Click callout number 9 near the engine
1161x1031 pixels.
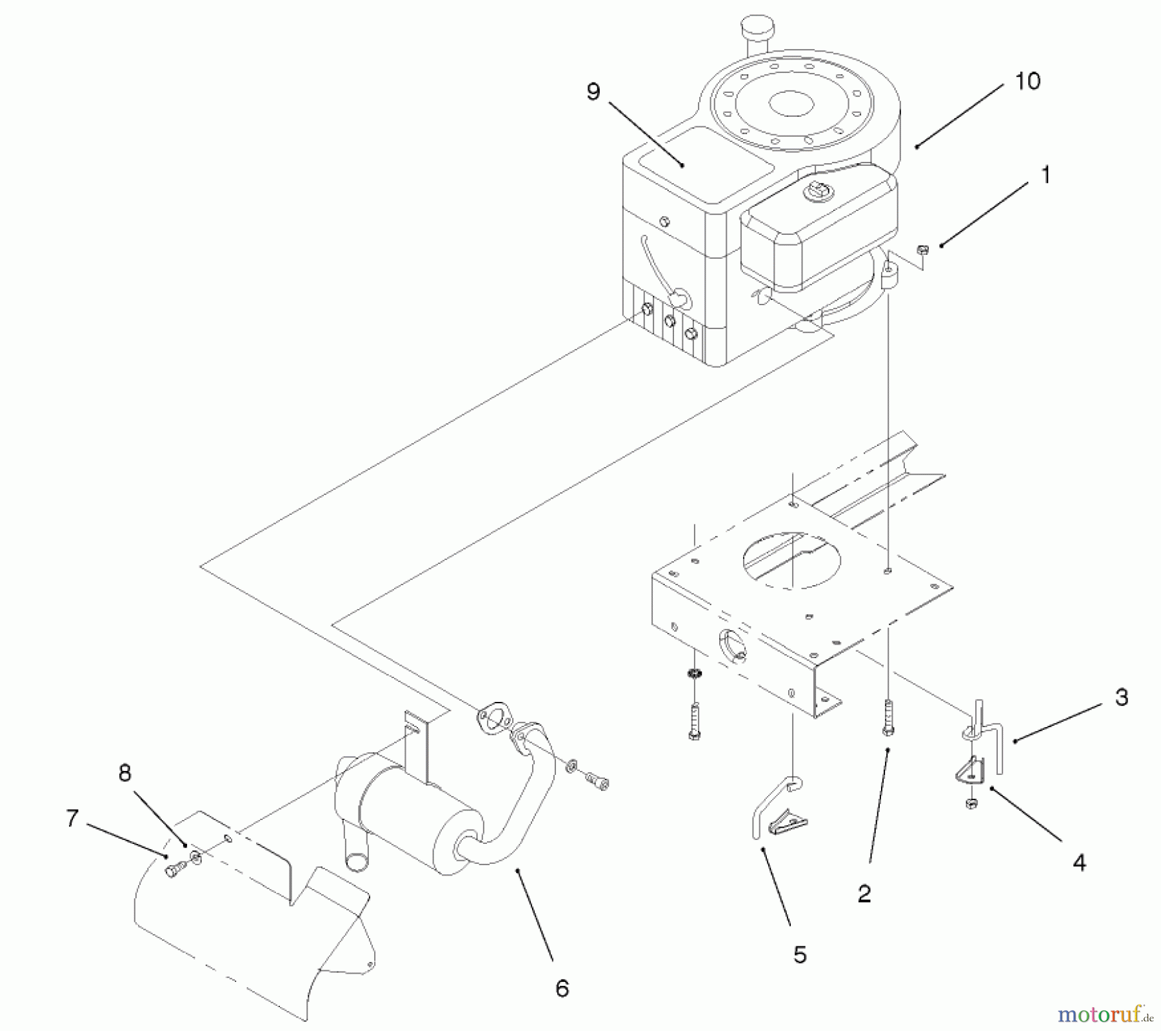(593, 92)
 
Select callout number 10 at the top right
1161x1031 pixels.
(1027, 82)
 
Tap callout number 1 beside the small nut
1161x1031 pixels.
(1046, 175)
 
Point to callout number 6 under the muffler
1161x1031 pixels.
(562, 988)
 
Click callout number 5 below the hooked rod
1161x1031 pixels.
(800, 954)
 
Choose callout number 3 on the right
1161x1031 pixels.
(1121, 697)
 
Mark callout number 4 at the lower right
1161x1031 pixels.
(1079, 862)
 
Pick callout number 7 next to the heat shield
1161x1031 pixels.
(72, 819)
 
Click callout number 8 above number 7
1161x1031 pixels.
(124, 772)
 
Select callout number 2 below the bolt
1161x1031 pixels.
(864, 893)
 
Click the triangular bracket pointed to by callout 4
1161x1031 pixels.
(970, 773)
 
